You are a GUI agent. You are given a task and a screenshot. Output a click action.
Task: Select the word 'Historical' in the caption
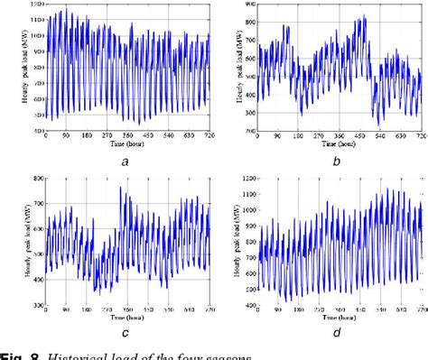[72, 354]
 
